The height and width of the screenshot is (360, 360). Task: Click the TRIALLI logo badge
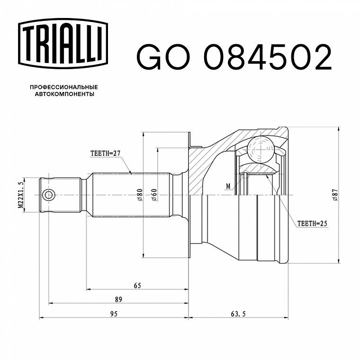point(63,44)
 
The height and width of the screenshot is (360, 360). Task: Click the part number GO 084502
point(234,57)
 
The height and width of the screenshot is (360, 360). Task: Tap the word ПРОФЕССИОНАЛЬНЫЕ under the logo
point(64,87)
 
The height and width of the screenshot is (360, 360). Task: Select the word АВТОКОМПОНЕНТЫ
point(64,94)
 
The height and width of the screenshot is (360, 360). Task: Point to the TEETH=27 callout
point(105,153)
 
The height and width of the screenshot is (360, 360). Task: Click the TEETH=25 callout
point(312,224)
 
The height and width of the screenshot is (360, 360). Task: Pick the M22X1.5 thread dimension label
point(21,195)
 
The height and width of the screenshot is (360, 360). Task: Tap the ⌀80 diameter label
point(140,195)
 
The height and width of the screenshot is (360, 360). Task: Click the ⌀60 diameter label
point(154,195)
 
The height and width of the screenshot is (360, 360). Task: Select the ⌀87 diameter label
point(335,195)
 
